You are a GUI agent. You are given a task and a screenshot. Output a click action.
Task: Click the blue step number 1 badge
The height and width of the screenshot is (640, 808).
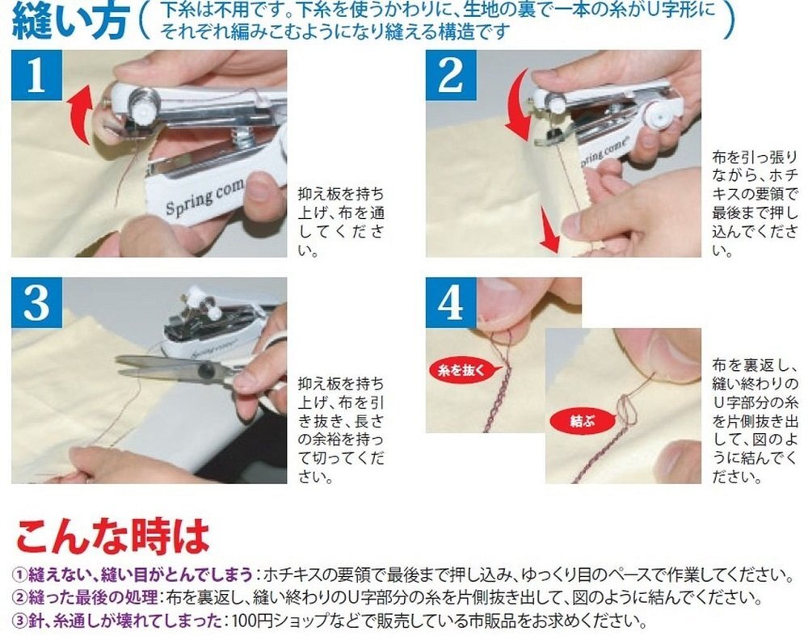coord(36,75)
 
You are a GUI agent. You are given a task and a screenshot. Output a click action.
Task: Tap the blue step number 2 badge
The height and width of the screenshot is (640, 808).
coord(451,75)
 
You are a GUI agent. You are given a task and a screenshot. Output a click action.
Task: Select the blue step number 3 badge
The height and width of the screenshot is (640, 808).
coord(36,302)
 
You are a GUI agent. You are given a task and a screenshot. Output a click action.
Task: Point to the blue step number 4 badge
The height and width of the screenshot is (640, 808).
coord(451,302)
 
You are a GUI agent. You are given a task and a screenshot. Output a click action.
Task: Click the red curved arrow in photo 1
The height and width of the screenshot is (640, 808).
coord(80,115)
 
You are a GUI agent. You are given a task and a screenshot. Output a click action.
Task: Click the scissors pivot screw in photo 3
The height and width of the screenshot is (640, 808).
coord(205,369)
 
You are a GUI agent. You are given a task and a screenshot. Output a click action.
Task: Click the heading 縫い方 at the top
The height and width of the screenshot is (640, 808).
coord(69,22)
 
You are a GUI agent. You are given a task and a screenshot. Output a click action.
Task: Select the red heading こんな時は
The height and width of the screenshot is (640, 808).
coord(112,536)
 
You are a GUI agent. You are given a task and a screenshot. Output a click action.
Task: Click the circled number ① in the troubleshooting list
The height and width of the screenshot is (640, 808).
coord(19,574)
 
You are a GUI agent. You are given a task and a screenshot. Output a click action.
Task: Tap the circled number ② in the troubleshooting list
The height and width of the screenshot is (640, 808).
coord(19,598)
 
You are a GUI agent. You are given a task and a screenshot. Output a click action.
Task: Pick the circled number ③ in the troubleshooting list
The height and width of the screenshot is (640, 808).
coord(19,621)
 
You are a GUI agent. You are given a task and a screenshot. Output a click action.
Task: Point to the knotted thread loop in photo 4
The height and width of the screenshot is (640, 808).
coord(626,410)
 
